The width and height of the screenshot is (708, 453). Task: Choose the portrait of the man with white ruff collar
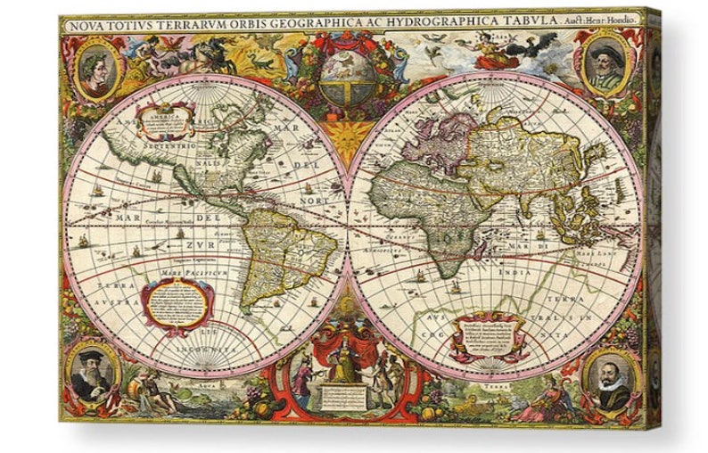[613, 381]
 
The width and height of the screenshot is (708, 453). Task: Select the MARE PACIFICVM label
[190, 268]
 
